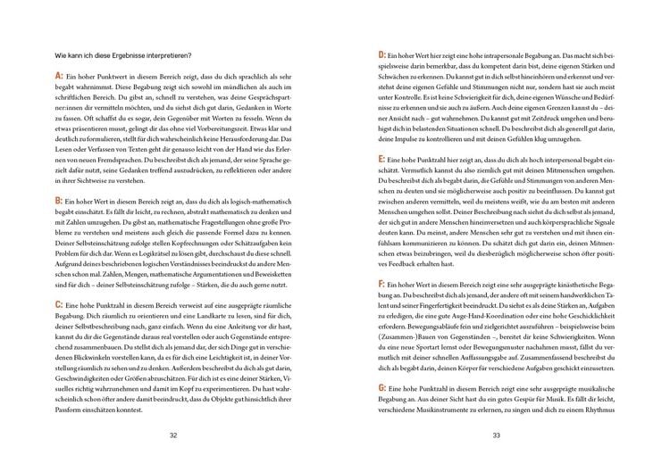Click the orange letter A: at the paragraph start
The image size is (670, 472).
59,78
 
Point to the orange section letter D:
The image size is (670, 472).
382,55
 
